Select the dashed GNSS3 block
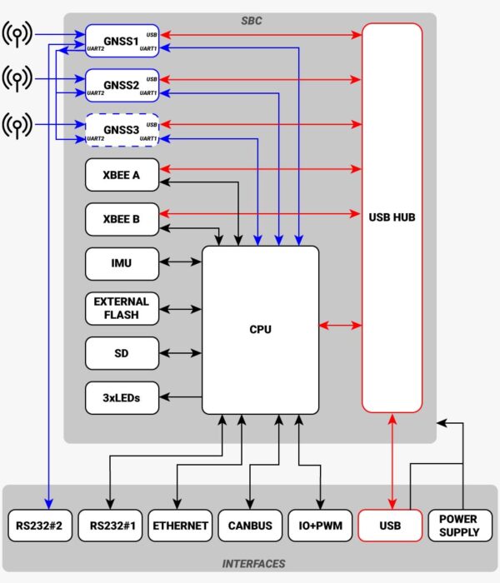(122, 130)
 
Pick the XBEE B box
(122, 219)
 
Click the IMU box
(122, 263)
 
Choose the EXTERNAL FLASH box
(122, 308)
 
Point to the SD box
(122, 353)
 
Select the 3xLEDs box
(122, 397)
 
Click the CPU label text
(260, 330)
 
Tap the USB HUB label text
(392, 217)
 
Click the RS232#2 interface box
(38, 526)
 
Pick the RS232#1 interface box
(109, 526)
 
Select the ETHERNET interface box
(179, 526)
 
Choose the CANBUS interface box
(249, 526)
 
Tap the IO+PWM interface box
(320, 526)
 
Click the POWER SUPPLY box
(458, 526)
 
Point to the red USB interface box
(390, 526)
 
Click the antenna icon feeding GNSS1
(17, 35)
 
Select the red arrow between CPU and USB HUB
(341, 324)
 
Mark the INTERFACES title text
(253, 564)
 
